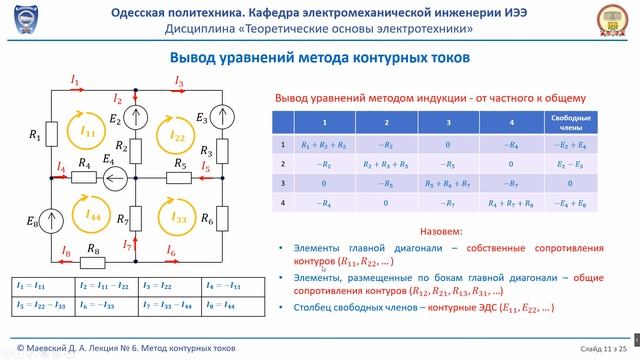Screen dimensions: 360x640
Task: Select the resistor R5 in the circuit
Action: (x=180, y=180)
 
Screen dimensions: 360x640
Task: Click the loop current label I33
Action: (x=180, y=217)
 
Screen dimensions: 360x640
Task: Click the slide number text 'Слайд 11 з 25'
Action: (x=600, y=347)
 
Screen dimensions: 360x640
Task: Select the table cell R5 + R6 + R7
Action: (x=443, y=183)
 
